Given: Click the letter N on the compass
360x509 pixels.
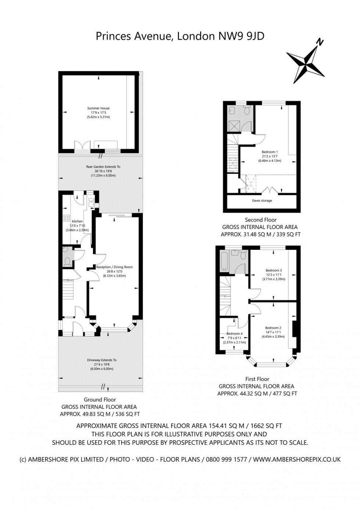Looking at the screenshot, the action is click(320, 42).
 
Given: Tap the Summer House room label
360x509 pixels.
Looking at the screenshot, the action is click(98, 108).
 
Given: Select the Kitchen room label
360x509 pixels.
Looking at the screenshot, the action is click(77, 221).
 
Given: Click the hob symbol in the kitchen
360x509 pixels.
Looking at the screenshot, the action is click(66, 218).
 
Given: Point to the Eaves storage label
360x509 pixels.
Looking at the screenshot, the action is click(262, 201).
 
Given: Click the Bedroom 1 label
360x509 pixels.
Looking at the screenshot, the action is click(270, 152).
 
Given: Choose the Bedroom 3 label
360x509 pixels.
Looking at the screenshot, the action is click(274, 270).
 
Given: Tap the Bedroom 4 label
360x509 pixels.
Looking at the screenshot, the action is click(234, 333).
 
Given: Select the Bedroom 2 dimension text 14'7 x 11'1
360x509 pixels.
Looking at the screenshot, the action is click(273, 332).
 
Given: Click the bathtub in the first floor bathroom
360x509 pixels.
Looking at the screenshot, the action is click(224, 260).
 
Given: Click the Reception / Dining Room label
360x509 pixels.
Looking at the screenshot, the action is click(114, 267).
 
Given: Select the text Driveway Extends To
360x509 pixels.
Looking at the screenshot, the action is click(102, 360).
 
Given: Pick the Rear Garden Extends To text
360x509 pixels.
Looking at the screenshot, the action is click(103, 167).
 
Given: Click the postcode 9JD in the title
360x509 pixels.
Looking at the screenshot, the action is click(256, 36).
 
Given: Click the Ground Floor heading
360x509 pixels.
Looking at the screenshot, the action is click(100, 400).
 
